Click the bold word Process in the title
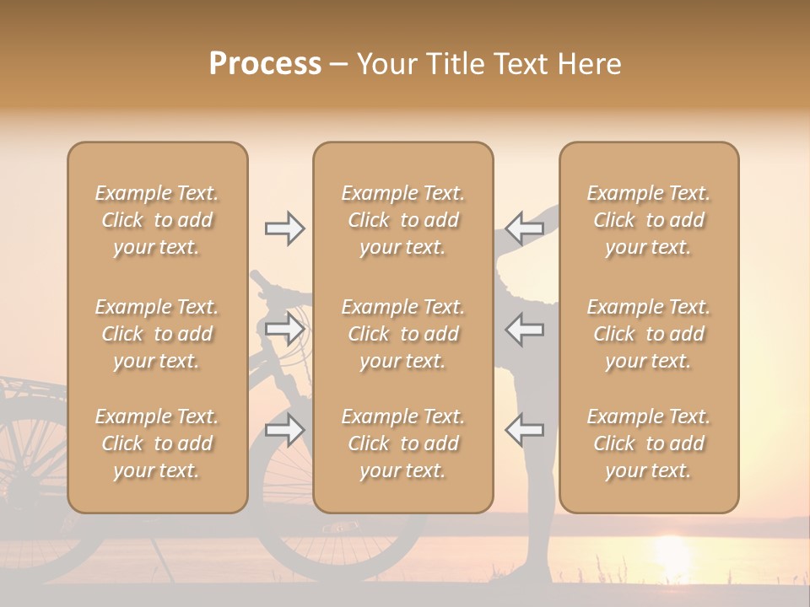(x=265, y=64)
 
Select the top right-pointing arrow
(x=284, y=228)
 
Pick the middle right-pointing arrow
(x=284, y=329)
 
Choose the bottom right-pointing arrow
(x=284, y=430)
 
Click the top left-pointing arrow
(x=525, y=228)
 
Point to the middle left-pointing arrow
(x=525, y=329)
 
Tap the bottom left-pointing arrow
(x=525, y=430)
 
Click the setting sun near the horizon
(x=672, y=552)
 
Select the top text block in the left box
(x=157, y=220)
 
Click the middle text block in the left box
(x=157, y=334)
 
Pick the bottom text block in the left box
(x=157, y=443)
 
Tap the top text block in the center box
(x=402, y=220)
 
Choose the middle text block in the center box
(x=402, y=334)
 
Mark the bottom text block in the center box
(x=402, y=443)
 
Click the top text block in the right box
(x=648, y=220)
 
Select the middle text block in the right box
(x=648, y=334)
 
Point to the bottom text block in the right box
(x=648, y=443)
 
